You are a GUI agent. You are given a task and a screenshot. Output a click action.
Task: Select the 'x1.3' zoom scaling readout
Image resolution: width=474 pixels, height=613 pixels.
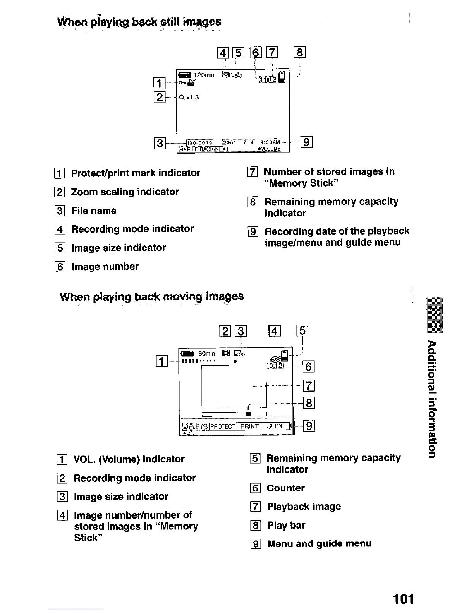tap(192, 98)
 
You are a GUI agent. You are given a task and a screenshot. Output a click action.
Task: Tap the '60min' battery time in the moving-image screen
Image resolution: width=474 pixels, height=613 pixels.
tap(206, 354)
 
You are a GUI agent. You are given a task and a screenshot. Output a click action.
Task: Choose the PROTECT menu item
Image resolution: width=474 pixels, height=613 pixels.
tap(223, 426)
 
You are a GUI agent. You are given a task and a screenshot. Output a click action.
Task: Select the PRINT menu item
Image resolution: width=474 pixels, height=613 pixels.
tap(249, 426)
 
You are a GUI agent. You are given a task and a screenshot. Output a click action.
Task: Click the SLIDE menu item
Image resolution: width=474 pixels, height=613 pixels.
tap(276, 426)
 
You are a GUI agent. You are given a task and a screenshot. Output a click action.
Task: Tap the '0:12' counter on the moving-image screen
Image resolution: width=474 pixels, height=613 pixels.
tap(276, 366)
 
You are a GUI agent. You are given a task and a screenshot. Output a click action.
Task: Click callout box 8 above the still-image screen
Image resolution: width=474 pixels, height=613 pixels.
tap(300, 52)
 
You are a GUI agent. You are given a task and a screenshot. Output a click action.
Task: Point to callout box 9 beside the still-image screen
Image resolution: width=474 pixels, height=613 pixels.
tap(306, 143)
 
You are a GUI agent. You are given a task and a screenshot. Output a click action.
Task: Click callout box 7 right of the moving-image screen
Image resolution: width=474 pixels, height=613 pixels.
tap(309, 386)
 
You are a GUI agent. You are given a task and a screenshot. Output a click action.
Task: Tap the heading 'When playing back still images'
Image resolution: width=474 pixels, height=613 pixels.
tap(139, 22)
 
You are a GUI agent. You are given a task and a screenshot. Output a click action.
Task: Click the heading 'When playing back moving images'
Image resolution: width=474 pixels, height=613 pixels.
tap(152, 297)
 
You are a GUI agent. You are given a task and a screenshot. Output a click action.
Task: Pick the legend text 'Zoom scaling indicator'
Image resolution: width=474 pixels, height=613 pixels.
tap(125, 192)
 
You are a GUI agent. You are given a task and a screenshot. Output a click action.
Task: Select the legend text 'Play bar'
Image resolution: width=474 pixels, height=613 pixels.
tap(286, 526)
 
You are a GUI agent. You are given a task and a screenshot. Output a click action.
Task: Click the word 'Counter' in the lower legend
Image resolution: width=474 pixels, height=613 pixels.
tap(286, 488)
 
